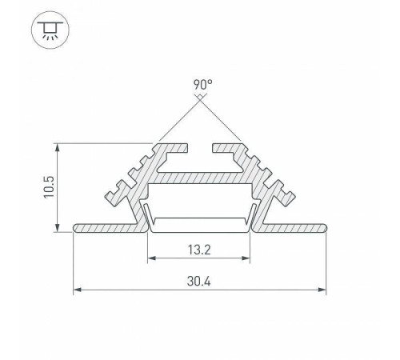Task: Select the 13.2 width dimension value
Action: (x=200, y=249)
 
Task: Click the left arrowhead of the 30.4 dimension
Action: (x=77, y=289)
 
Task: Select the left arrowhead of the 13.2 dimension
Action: (x=151, y=259)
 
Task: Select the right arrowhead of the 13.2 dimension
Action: (x=249, y=259)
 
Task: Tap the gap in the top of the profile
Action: (x=200, y=148)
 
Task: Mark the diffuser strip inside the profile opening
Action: (x=200, y=220)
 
